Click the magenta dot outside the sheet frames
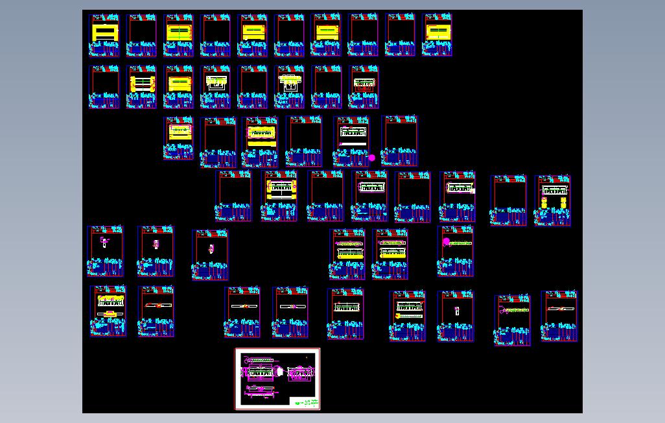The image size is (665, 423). tap(371, 158)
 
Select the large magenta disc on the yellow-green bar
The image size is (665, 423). tap(446, 242)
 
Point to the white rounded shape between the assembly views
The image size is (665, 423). tap(280, 372)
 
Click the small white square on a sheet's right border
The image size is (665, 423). tap(473, 191)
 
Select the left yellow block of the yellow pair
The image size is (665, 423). tap(544, 203)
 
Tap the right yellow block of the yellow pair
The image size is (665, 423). tap(562, 203)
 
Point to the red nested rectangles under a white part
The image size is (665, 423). tap(363, 88)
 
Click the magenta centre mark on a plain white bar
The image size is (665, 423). tap(293, 306)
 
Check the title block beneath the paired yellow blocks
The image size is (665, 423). tap(553, 217)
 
